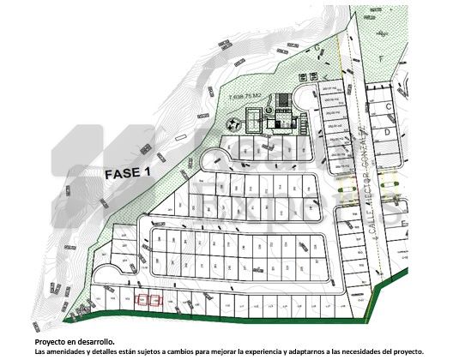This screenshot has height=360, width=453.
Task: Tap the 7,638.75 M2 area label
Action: pyautogui.click(x=249, y=97)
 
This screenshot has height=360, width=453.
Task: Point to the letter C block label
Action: pyautogui.click(x=388, y=106)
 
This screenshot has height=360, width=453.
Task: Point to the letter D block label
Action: pyautogui.click(x=388, y=134)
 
